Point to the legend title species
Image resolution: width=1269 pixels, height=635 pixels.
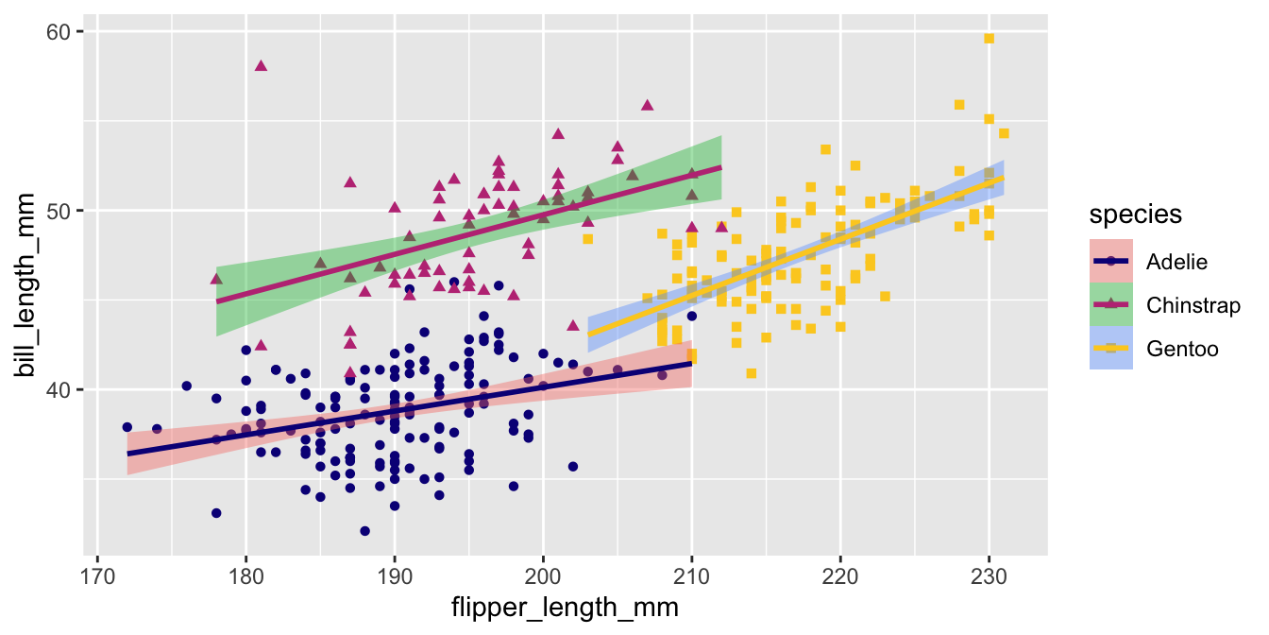coord(1135,215)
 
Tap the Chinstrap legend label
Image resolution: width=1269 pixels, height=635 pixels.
coord(1193,304)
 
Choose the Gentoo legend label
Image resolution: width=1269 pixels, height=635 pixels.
coord(1182,349)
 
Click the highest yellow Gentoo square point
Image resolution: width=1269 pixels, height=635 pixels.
coord(989,39)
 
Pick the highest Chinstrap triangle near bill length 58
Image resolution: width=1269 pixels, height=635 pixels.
coord(261,65)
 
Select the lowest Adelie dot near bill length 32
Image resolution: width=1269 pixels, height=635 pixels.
coord(364,531)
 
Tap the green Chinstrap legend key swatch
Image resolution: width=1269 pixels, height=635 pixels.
coord(1111,304)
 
